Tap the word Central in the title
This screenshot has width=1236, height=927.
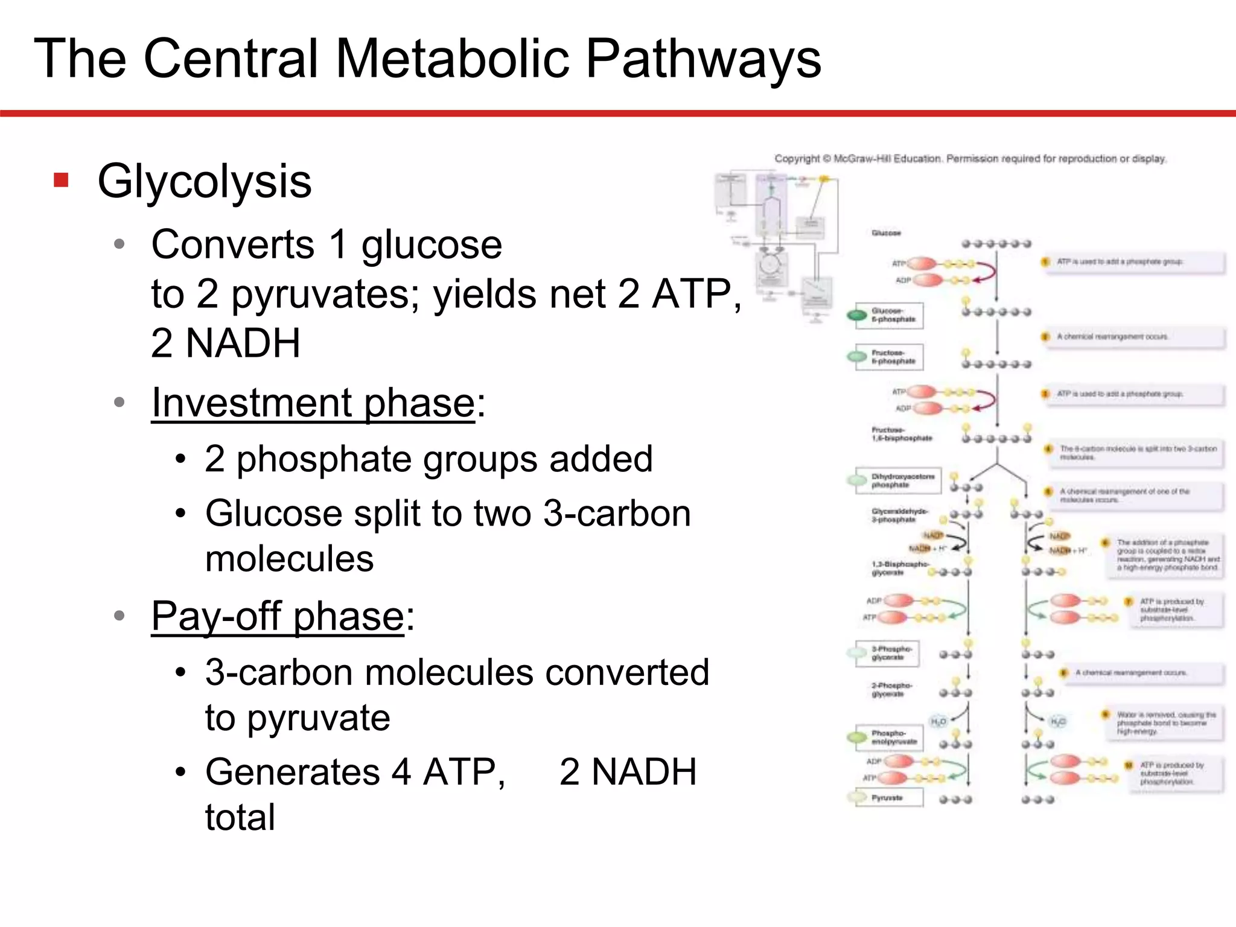point(230,59)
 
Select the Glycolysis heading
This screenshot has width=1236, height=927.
point(205,181)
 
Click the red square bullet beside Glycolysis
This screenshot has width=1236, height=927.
point(61,180)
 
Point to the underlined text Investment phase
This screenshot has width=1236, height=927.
point(313,403)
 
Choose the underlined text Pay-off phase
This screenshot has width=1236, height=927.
point(277,616)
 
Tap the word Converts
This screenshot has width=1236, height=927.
point(232,245)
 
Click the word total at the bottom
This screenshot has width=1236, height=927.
point(240,817)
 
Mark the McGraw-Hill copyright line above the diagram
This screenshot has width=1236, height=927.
point(970,159)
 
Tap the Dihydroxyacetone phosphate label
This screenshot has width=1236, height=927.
point(902,480)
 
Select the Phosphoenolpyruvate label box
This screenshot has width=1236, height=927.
point(893,737)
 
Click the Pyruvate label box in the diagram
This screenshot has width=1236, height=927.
point(887,798)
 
